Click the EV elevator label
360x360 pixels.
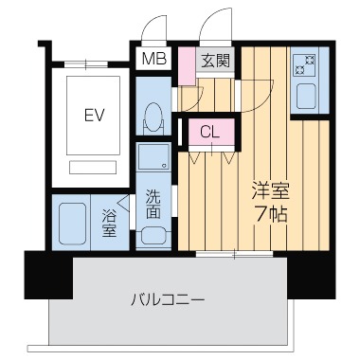(92, 117)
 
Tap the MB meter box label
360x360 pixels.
(152, 61)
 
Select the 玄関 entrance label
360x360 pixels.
(215, 61)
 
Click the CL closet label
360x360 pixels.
(210, 132)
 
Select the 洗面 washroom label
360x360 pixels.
(153, 203)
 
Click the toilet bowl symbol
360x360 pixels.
(152, 118)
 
